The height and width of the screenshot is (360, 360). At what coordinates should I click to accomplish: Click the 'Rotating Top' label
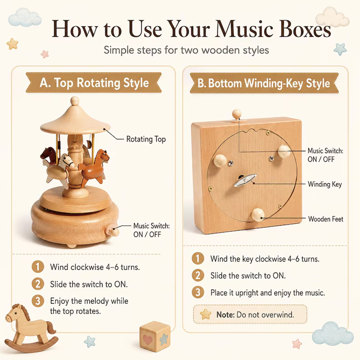[x=146, y=139]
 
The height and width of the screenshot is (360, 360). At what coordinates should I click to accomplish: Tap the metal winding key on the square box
[x=245, y=180]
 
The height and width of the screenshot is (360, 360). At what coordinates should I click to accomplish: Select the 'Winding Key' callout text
[x=324, y=184]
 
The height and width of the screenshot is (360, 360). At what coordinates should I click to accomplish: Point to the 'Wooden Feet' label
[x=325, y=219]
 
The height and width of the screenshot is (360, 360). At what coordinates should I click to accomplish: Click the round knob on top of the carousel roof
[x=75, y=101]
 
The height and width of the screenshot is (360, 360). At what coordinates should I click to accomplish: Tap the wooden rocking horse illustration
[x=31, y=328]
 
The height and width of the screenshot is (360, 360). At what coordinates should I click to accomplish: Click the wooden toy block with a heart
[x=155, y=337]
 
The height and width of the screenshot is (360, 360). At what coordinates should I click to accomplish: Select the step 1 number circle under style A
[x=38, y=267]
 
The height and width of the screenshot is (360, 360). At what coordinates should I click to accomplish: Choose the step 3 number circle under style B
[x=198, y=292]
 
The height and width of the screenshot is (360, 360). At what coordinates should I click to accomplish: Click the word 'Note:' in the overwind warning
[x=225, y=315]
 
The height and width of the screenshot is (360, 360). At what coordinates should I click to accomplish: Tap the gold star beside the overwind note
[x=206, y=314]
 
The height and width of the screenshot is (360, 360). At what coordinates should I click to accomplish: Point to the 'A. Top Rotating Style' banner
[x=94, y=83]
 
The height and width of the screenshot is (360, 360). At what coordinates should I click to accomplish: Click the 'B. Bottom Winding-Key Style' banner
[x=264, y=83]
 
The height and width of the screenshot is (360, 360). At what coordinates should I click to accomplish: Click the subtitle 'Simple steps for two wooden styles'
[x=186, y=50]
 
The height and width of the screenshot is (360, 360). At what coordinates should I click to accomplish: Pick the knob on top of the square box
[x=237, y=114]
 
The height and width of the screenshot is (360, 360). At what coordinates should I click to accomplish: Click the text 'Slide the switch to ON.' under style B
[x=248, y=275]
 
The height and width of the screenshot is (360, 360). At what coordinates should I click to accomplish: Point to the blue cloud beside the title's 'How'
[x=25, y=17]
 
